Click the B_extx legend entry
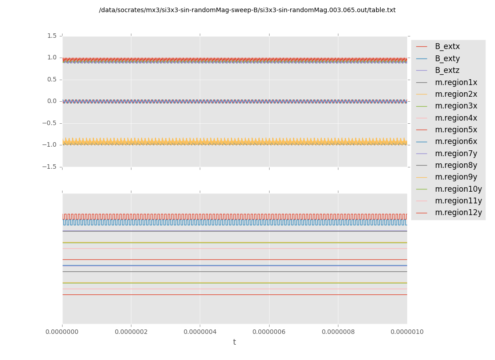point(447,47)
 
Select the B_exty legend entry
point(447,58)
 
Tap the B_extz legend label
point(447,71)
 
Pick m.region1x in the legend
point(456,82)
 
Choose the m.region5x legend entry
point(456,130)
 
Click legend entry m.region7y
point(456,153)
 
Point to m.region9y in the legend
point(456,177)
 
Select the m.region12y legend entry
point(458,213)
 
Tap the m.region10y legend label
point(458,189)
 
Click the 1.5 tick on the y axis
point(52,36)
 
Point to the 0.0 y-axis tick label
point(52,101)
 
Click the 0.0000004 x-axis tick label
point(200,332)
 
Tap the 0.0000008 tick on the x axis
point(338,332)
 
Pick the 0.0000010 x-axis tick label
point(407,332)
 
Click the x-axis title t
point(234,342)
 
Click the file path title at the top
point(247,10)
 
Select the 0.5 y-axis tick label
point(52,80)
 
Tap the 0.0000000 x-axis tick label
point(63,332)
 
